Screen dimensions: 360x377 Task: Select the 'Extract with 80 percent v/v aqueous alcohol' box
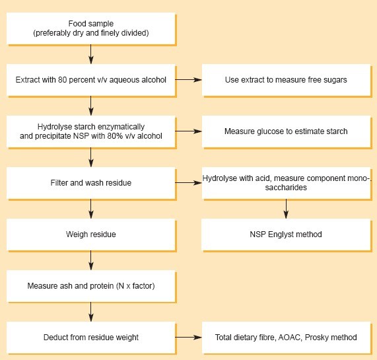pos(91,80)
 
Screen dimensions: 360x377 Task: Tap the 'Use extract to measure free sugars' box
pos(286,80)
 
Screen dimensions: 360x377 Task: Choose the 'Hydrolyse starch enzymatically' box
pos(91,131)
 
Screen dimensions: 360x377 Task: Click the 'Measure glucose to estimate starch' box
pos(286,131)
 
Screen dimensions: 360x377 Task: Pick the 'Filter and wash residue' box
pos(91,182)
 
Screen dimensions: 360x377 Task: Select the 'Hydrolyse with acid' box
pos(286,182)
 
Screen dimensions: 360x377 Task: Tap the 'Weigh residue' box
pos(91,234)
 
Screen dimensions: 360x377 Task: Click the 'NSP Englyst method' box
pos(286,234)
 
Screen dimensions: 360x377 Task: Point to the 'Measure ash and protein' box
pos(91,285)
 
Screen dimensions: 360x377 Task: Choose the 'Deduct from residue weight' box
pos(91,337)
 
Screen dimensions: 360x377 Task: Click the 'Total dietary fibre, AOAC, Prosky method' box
pos(286,337)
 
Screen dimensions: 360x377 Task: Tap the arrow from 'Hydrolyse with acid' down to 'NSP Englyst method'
pos(286,208)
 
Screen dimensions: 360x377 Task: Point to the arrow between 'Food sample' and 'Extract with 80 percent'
pos(91,54)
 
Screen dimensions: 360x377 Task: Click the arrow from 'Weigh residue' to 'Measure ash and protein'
pos(91,260)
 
